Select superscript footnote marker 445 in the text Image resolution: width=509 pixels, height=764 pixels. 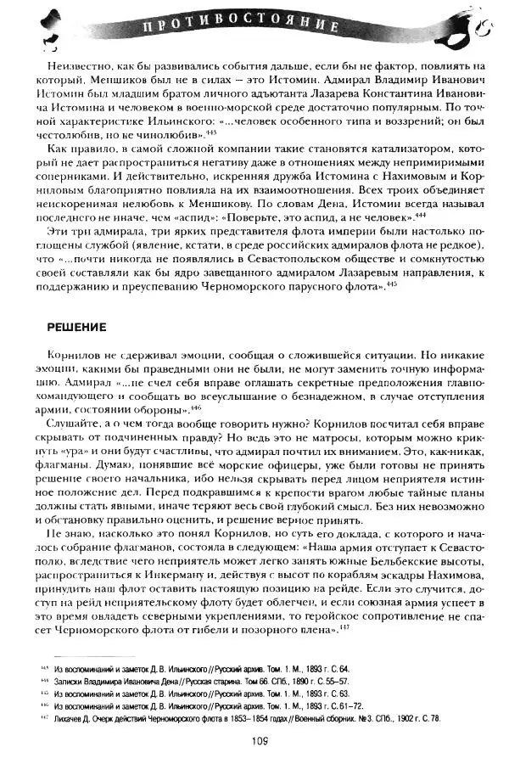tap(391, 285)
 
